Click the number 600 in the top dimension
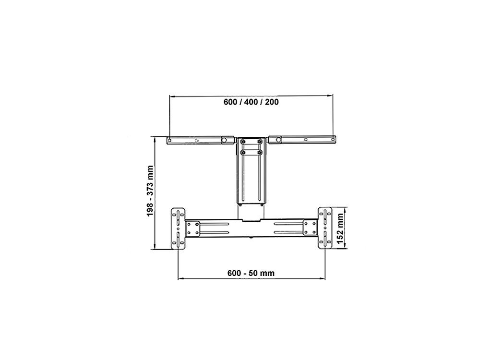tap(230, 102)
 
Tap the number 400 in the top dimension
tap(251, 102)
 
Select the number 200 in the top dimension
tap(272, 102)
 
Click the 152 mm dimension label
tap(340, 228)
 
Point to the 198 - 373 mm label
tap(150, 191)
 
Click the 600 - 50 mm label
tap(251, 273)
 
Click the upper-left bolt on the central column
tap(243, 142)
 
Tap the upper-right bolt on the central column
tap(260, 142)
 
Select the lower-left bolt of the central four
tap(243, 152)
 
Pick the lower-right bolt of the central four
tap(260, 152)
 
